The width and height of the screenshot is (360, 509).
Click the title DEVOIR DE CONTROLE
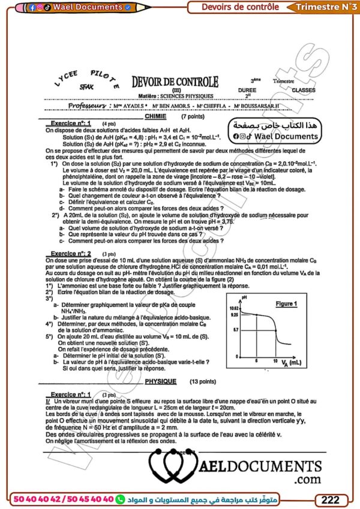coord(175,83)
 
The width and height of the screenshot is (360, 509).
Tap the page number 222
coord(331,499)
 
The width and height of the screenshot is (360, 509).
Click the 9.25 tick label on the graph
coord(236,314)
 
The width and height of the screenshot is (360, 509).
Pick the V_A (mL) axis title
coord(290,363)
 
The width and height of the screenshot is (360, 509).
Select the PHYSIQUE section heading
coord(160,381)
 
